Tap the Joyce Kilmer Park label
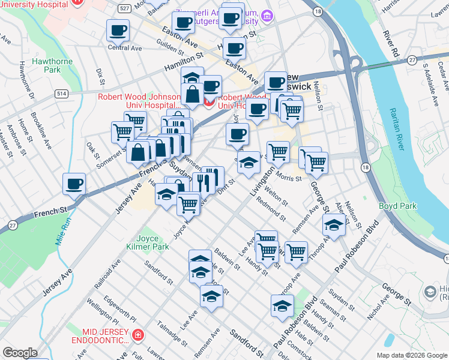coord(148,242)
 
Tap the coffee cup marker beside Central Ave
coord(118,30)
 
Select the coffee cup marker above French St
coord(74,184)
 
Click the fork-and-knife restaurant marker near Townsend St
coord(212,178)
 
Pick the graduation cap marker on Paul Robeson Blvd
coord(282,305)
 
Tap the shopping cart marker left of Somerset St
coord(122,131)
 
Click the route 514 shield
coord(61,94)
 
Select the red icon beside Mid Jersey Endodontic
coord(139,334)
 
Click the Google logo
coord(20,353)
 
